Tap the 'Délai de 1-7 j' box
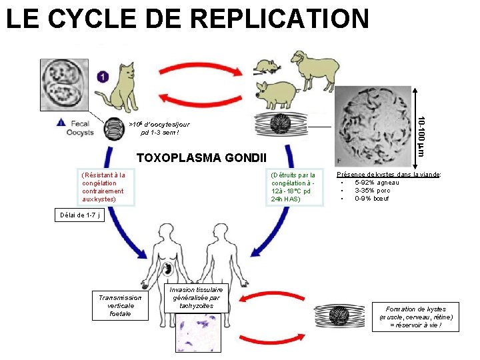79,215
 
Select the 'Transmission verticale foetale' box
120,306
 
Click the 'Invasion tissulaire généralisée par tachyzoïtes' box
197,297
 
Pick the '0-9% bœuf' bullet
373,198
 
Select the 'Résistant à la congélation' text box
103,187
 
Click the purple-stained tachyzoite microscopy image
197,333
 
